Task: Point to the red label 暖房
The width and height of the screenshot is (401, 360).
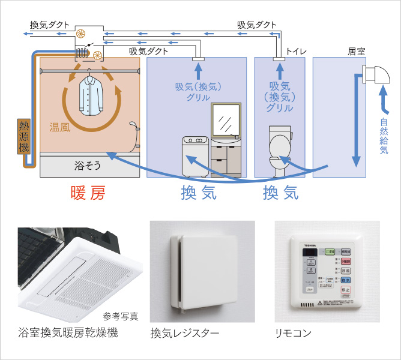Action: click(x=87, y=193)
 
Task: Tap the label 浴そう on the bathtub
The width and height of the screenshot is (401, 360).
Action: click(x=87, y=164)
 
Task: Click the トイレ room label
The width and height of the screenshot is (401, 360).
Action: click(x=296, y=52)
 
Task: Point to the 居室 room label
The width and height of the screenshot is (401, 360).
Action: click(x=357, y=52)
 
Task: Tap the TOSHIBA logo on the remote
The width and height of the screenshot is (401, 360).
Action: click(x=310, y=245)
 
